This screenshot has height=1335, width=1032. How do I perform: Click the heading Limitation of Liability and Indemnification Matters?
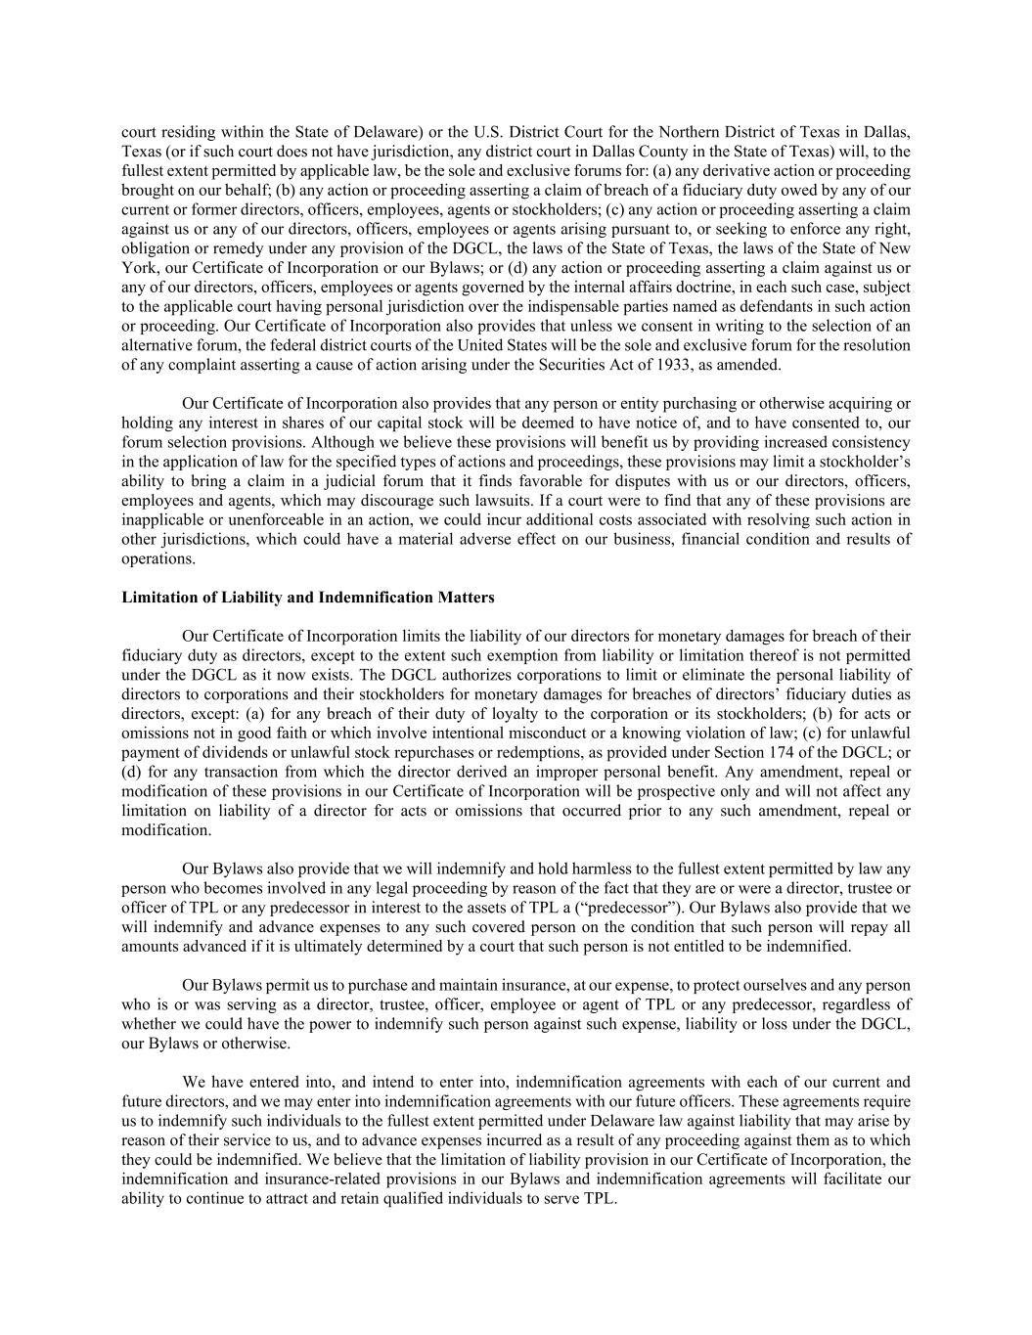(307, 598)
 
